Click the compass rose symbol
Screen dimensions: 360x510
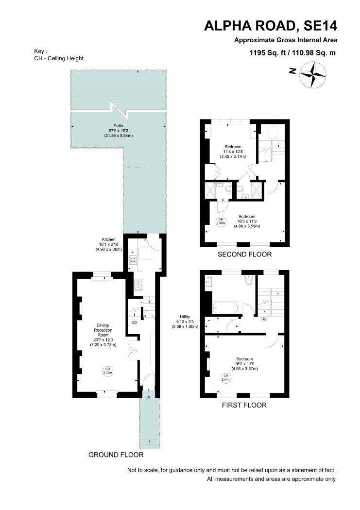(312, 75)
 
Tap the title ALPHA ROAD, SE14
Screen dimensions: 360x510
(271, 26)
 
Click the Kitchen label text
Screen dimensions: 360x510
(109, 239)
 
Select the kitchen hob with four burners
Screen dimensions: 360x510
(133, 259)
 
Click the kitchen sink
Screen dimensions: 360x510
(138, 285)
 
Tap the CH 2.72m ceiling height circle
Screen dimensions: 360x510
(108, 371)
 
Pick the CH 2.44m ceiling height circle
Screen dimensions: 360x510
(226, 377)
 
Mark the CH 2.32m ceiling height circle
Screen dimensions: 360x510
(221, 221)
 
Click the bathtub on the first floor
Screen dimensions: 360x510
(226, 308)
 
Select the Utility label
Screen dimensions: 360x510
(185, 317)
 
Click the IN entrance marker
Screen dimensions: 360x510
(148, 397)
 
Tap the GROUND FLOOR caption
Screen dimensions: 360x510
(116, 454)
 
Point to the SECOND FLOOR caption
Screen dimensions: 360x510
(244, 255)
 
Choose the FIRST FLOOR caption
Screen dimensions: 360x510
(244, 405)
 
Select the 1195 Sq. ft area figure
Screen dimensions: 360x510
(267, 52)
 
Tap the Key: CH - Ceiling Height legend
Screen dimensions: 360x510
(59, 55)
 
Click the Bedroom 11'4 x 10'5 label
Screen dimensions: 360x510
(233, 152)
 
